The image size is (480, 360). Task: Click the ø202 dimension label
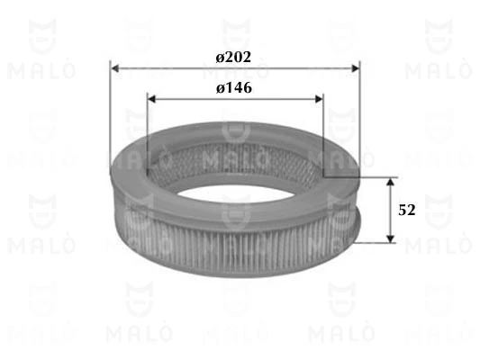233,58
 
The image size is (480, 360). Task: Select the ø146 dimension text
233,88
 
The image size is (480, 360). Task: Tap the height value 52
406,210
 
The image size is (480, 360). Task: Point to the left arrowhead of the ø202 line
114,68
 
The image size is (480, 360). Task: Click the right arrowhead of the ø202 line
354,68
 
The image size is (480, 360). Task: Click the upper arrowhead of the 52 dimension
390,182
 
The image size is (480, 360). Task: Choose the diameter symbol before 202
220,58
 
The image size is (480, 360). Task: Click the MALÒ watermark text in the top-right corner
438,69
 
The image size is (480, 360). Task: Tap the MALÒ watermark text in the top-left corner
38,69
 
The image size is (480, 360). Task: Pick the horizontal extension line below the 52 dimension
371,242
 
